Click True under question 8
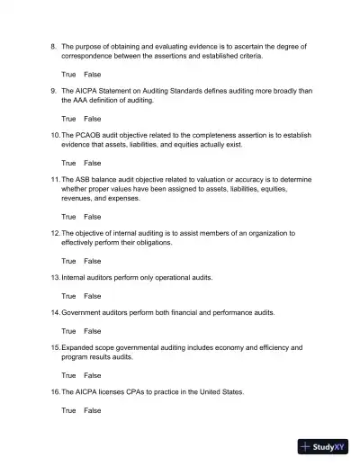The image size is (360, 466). pos(68,73)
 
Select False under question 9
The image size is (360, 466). pos(93,118)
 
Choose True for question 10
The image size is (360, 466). pos(68,163)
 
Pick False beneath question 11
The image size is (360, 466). pos(93,217)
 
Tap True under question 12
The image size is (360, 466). pos(68,261)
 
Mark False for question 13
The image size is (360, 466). pos(93,295)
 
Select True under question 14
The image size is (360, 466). pos(68,330)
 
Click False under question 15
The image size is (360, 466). pos(93,375)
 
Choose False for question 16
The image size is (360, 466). pos(93,410)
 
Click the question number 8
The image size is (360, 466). pos(53,45)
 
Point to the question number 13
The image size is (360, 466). pos(54,278)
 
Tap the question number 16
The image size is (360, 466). pos(54,392)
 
